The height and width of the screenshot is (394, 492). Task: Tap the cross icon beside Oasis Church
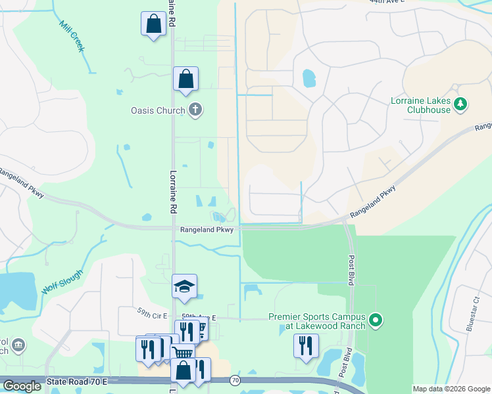(195, 110)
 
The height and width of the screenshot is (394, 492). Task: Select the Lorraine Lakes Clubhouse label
(430, 105)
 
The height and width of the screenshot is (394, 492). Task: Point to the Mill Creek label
(73, 36)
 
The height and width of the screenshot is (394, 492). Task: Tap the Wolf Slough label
(62, 281)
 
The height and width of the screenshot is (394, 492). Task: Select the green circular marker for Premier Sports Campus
(376, 321)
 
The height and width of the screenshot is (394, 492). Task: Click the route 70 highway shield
(234, 380)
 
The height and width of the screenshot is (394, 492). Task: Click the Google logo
(22, 386)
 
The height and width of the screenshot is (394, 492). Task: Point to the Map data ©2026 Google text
(451, 389)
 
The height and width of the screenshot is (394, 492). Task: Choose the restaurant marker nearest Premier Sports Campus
(305, 345)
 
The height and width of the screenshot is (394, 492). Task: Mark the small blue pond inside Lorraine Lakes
(308, 79)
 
